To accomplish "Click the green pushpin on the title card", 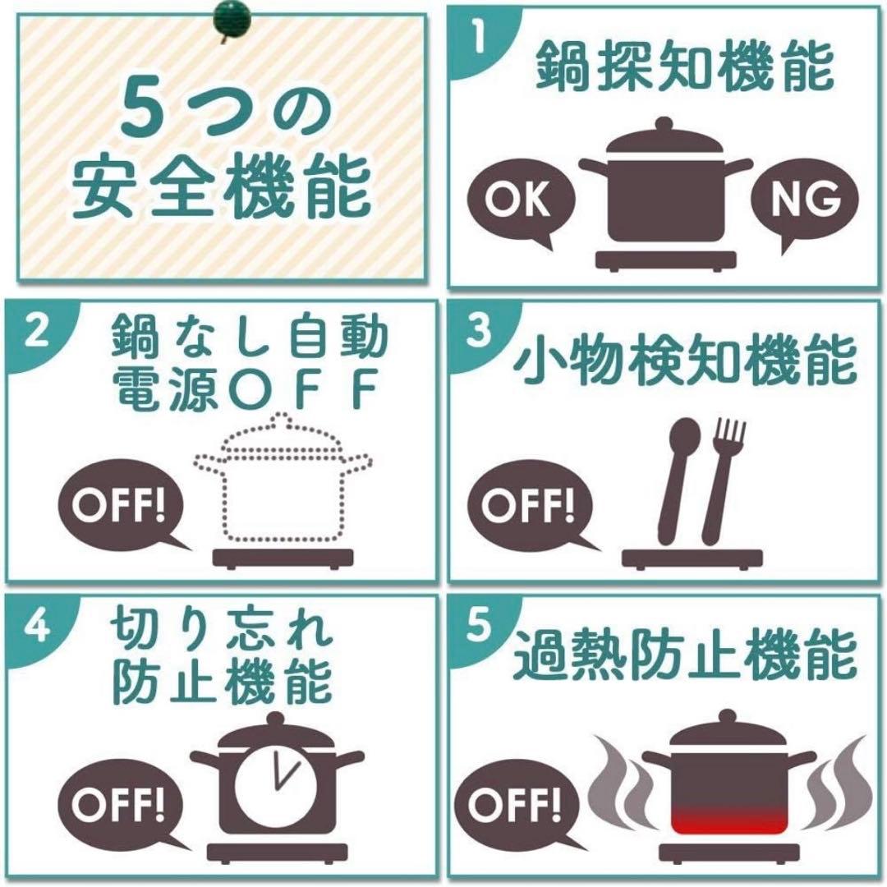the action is tap(232, 18).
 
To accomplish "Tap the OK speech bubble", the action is tap(521, 202).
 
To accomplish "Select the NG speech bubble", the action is tap(804, 202).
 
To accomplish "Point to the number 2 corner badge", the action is tap(34, 331).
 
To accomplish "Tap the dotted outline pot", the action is tap(283, 476).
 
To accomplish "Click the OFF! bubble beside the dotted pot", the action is tap(121, 503).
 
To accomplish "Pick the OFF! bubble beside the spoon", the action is tap(530, 503).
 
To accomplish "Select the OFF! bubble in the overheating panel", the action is tap(517, 803).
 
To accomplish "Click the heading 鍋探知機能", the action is tap(684, 67).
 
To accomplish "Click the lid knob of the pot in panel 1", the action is tap(664, 125).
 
